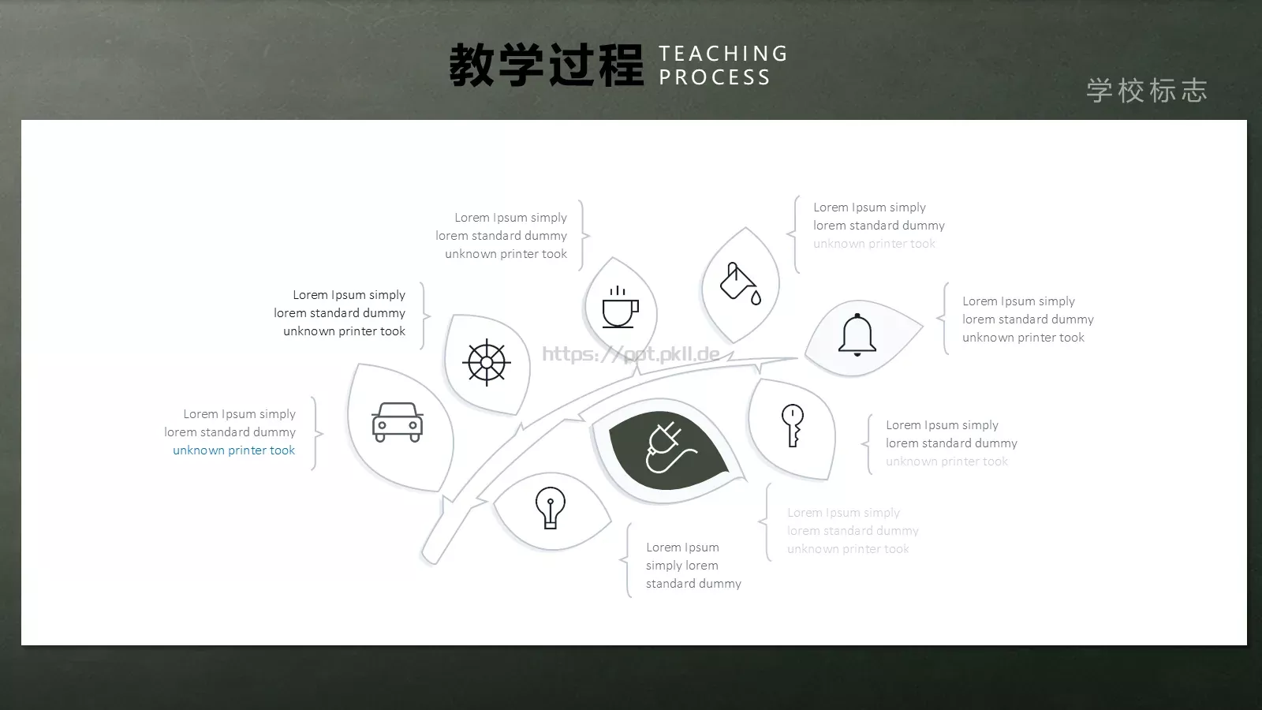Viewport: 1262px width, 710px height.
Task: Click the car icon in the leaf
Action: click(x=398, y=423)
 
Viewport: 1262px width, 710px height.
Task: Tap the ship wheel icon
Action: click(x=487, y=363)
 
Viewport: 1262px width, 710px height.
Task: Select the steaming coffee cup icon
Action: click(x=620, y=307)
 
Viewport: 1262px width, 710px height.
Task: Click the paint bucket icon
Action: click(x=741, y=283)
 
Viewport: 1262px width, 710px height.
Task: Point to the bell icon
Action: click(x=857, y=335)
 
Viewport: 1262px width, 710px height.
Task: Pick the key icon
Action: click(x=793, y=426)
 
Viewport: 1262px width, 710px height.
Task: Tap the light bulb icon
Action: click(x=551, y=507)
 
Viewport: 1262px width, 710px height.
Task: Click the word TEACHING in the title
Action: click(x=723, y=54)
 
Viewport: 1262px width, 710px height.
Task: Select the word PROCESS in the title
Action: click(x=715, y=77)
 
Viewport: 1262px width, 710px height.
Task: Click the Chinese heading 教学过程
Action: click(x=547, y=65)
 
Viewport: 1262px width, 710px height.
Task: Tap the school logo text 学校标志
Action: click(x=1147, y=91)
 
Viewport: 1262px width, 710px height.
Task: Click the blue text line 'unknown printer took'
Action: click(x=233, y=450)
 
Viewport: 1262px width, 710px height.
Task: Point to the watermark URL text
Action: click(x=631, y=353)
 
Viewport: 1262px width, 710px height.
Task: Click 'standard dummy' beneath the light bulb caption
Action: click(x=693, y=584)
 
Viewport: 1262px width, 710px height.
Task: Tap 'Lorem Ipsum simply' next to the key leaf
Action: click(x=942, y=425)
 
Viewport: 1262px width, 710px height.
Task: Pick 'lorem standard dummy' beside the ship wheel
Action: click(x=339, y=313)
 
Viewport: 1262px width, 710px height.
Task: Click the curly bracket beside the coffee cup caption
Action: click(x=584, y=235)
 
